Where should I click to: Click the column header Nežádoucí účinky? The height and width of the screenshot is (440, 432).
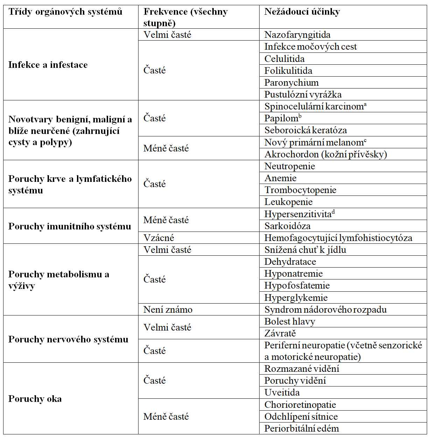coord(302,12)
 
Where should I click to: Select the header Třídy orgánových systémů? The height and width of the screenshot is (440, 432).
coord(65,12)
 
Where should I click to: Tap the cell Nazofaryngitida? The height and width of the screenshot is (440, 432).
coord(297,35)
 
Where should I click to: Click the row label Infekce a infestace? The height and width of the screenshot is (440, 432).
coord(48,65)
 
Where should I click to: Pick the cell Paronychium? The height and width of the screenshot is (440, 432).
coord(291,83)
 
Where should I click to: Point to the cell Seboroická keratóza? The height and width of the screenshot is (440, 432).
coord(305,130)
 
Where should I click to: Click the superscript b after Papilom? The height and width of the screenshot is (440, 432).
coord(300,116)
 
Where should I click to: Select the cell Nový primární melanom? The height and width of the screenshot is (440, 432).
coord(314,142)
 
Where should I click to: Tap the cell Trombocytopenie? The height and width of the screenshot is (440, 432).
coord(300,190)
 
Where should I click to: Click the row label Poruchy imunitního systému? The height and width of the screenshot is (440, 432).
coord(70,226)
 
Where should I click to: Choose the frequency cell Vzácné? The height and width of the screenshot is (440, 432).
coord(158,238)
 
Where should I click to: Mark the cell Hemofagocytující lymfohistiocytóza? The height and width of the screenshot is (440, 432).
coord(338,238)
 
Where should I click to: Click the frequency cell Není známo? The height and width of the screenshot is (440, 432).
coord(168,310)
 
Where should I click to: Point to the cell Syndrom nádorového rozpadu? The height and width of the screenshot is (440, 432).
coord(325,310)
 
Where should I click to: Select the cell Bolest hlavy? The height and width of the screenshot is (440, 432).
coord(290,321)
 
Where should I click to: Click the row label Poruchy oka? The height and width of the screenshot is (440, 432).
coord(35,399)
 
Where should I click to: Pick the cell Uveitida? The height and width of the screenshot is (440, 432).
coord(282,392)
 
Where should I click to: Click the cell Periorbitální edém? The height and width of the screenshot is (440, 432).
coord(302,428)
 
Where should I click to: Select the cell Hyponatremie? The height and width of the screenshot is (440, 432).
coord(293,274)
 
